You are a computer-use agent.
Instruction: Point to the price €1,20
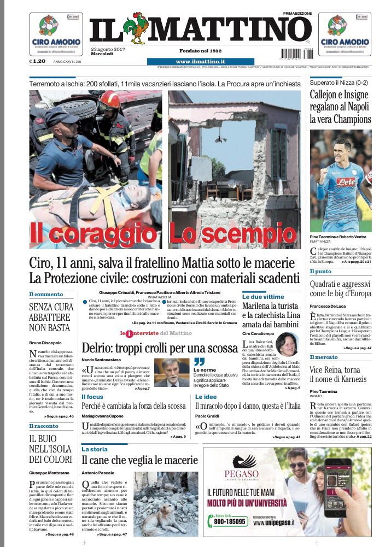(38, 62)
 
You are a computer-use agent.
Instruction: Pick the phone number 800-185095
(230, 522)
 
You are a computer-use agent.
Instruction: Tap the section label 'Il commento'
(46, 295)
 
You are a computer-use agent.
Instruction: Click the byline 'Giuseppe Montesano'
(50, 472)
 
